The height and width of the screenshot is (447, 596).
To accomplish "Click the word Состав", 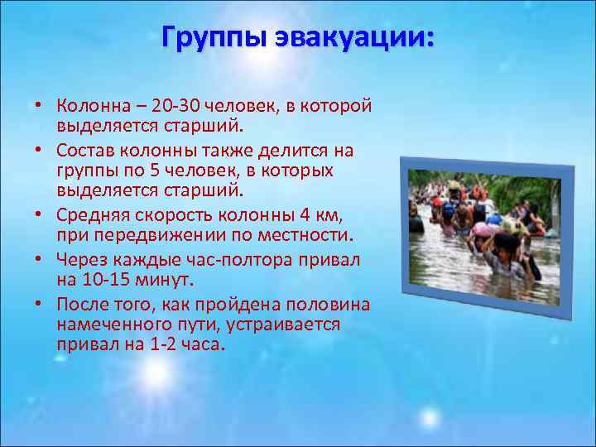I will tap(85, 151).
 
